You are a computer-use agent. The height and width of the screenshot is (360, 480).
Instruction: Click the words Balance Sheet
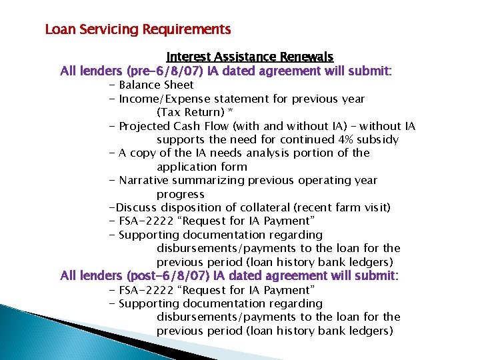tap(156, 85)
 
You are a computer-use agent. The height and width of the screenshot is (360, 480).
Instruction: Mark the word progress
tap(180, 194)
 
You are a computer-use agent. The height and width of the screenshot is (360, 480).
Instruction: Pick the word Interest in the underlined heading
tap(189, 57)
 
